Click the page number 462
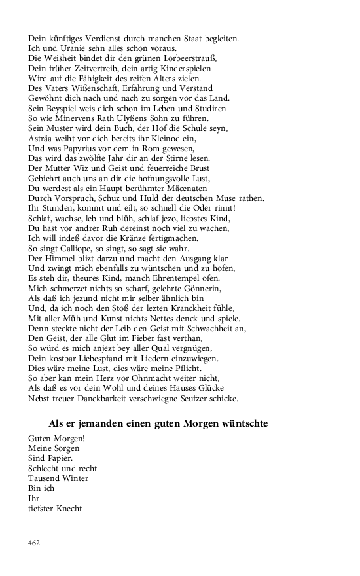coord(35,542)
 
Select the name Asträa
coord(41,138)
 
